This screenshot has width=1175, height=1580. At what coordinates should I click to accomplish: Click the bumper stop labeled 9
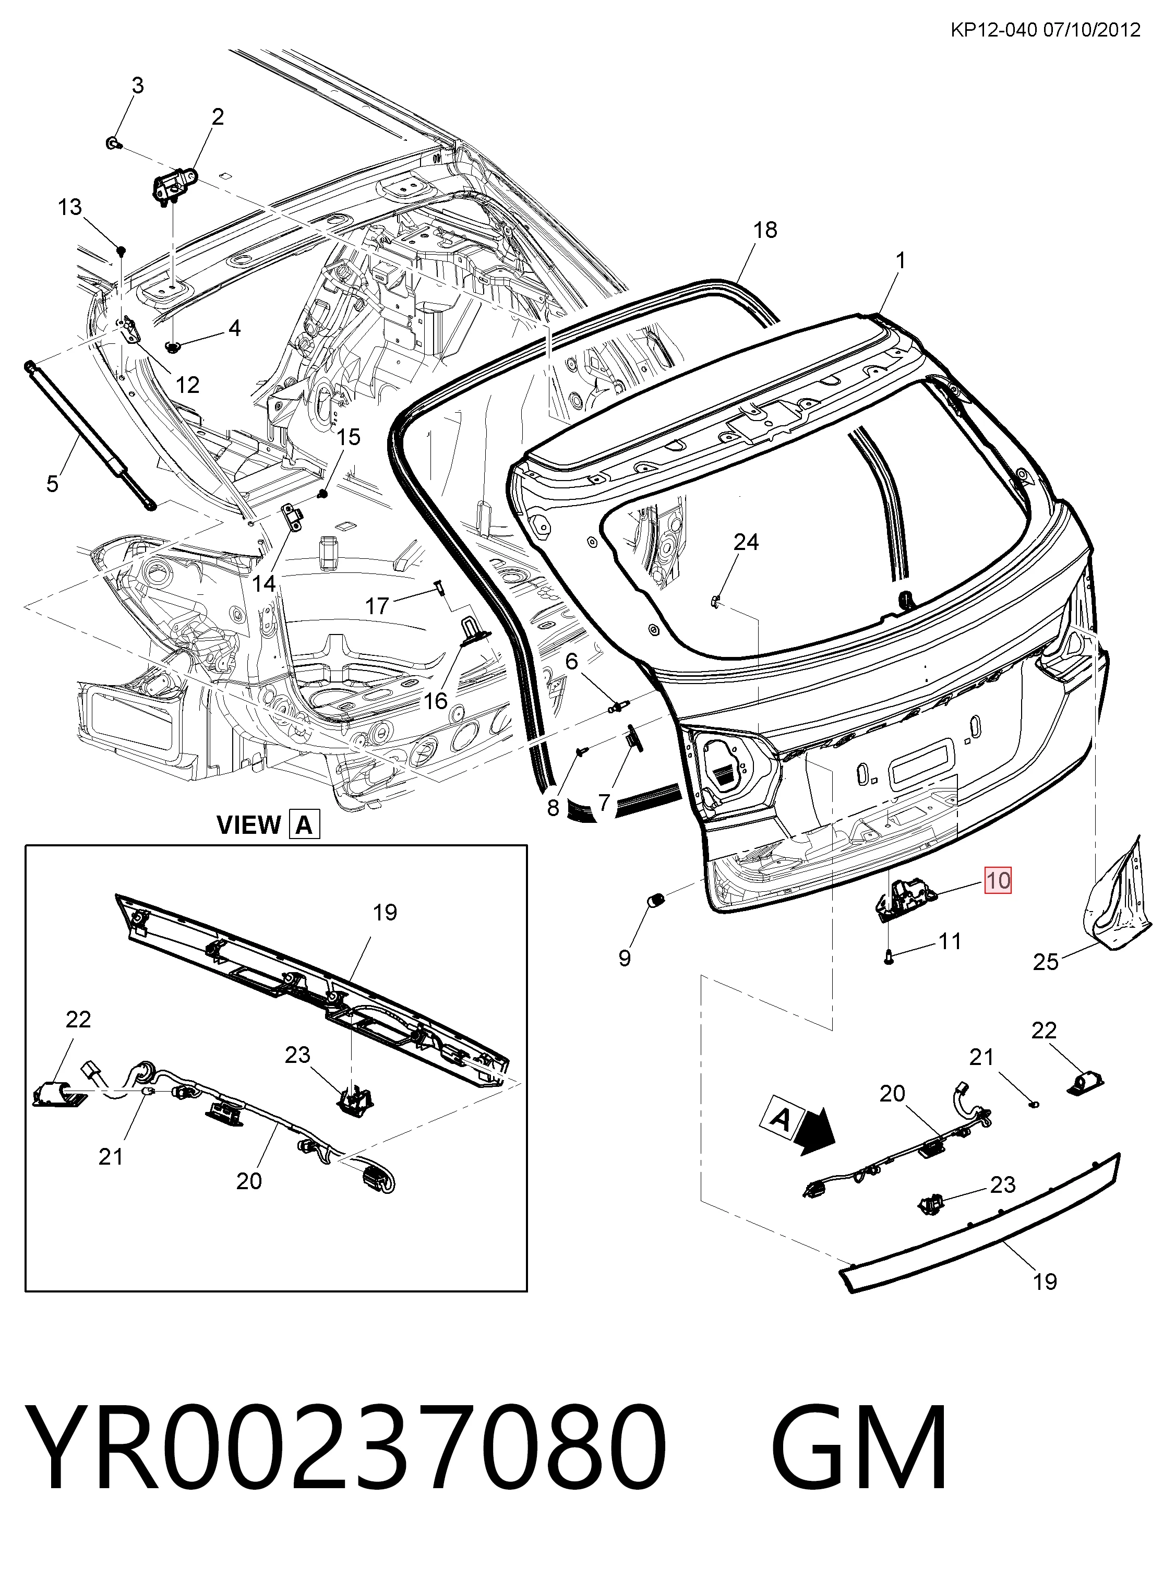pos(656,900)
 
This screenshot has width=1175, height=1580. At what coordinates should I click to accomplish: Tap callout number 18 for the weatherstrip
pos(765,230)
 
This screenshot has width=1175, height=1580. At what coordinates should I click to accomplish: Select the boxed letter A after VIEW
pos(304,825)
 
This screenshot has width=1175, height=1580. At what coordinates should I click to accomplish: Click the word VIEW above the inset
pos(248,825)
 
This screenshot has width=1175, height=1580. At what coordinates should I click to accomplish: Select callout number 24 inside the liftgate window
pos(746,542)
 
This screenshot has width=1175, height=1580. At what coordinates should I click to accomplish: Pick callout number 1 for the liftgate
pos(901,261)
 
